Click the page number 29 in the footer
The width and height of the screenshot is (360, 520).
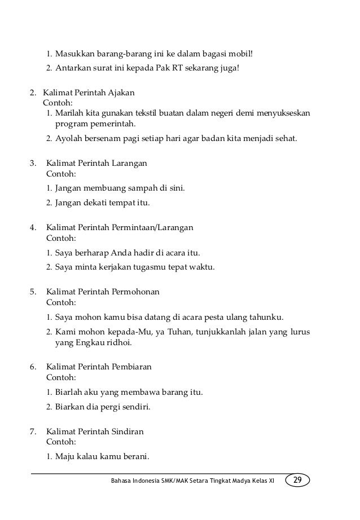297,480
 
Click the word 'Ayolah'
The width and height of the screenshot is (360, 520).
68,138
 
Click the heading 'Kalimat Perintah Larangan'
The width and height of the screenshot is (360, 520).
96,163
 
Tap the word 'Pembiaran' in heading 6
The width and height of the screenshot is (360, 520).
133,367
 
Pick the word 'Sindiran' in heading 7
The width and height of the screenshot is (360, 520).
128,431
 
